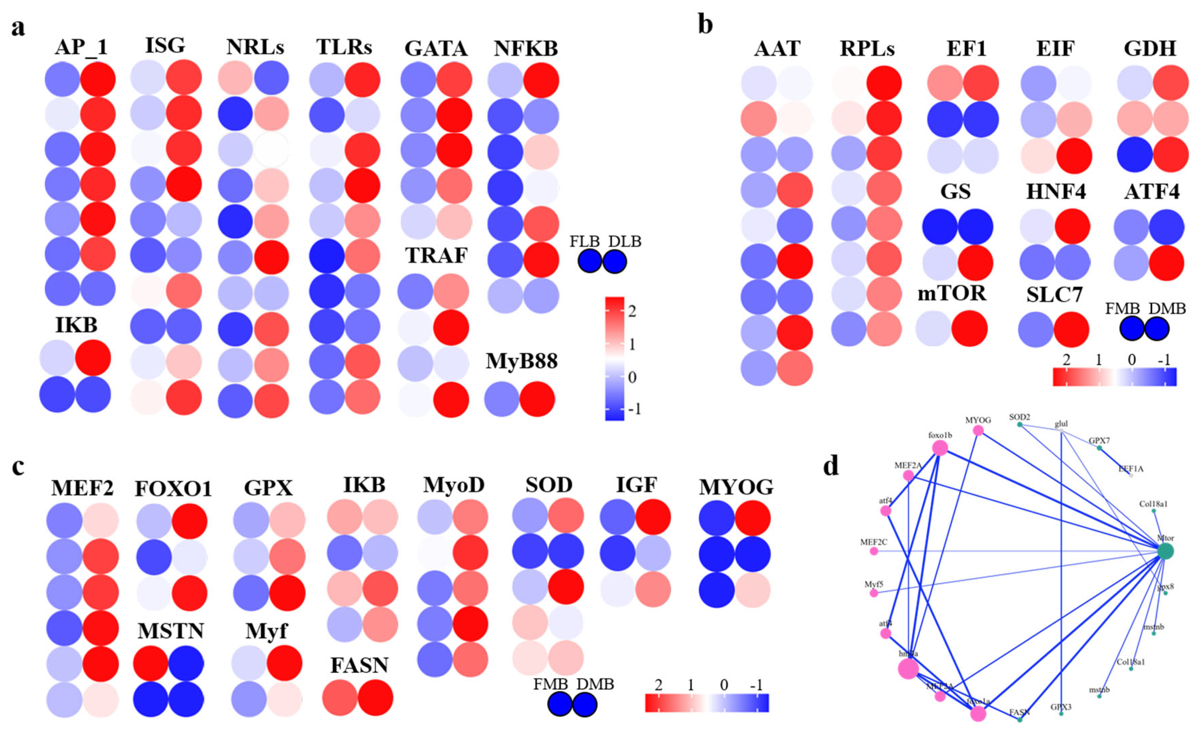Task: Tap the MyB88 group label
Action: point(521,361)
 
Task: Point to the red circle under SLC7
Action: point(1071,329)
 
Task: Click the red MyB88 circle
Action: point(537,399)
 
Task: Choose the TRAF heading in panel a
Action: point(436,256)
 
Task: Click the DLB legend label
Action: point(625,241)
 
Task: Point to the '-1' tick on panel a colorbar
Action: point(634,409)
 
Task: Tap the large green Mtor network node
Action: point(1165,551)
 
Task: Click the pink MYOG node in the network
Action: point(978,430)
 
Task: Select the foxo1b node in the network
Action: point(940,447)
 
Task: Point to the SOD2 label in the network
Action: point(1019,417)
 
